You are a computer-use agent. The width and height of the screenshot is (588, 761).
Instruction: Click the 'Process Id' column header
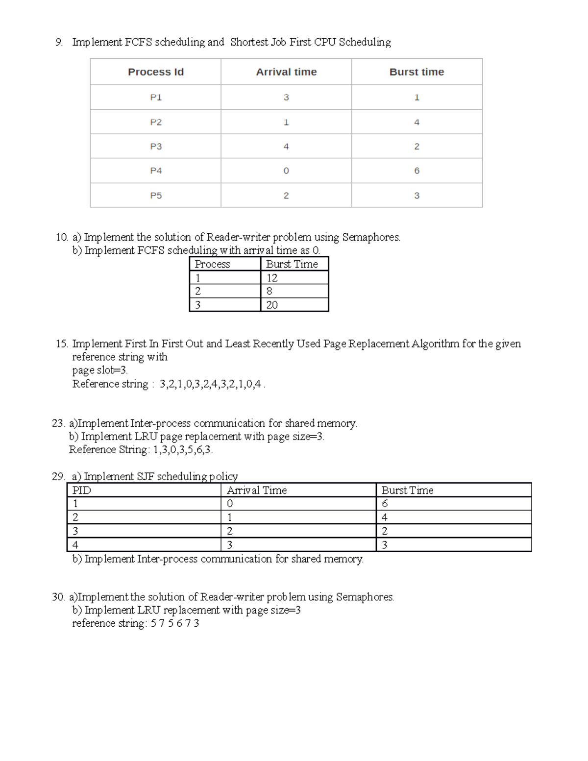(x=155, y=72)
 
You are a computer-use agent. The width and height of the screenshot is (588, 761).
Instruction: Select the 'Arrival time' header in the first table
(x=286, y=72)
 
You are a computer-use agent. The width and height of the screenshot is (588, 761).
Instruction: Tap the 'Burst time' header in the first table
(x=416, y=72)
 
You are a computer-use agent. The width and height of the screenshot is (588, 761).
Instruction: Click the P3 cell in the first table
(x=155, y=147)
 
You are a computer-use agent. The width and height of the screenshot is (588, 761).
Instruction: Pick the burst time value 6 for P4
(x=416, y=171)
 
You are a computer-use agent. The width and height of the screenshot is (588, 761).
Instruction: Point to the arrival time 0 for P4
(x=286, y=171)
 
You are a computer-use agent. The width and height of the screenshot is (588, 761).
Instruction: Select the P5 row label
(x=155, y=196)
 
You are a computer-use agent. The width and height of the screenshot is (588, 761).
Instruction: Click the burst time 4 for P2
(x=416, y=123)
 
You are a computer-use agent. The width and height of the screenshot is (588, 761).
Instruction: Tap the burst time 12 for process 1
(x=272, y=278)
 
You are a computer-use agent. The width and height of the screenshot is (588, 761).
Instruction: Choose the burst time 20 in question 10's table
(x=272, y=305)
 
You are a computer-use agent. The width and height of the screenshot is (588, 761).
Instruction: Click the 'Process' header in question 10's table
(x=212, y=264)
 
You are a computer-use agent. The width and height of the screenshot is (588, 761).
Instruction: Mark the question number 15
(x=62, y=344)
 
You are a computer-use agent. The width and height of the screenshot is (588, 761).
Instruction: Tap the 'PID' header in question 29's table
(x=81, y=490)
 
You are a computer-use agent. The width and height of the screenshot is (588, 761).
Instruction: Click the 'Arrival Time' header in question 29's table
(x=257, y=490)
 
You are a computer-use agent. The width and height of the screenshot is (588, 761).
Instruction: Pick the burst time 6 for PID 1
(x=385, y=504)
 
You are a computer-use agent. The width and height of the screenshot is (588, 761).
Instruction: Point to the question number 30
(x=58, y=597)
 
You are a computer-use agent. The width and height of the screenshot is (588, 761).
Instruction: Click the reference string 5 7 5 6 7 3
(x=175, y=623)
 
